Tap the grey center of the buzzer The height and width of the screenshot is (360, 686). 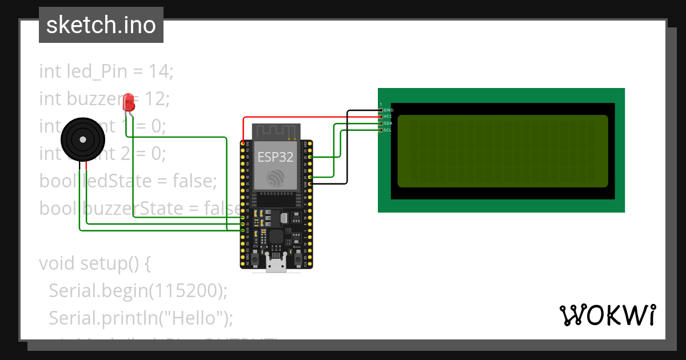click(x=83, y=139)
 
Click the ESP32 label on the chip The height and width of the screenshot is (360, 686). click(x=276, y=157)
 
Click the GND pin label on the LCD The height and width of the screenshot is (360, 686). click(x=388, y=110)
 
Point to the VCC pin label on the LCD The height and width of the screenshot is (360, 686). click(x=388, y=117)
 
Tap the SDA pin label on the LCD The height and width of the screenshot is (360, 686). click(x=388, y=123)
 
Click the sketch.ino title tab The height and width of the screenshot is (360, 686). click(x=101, y=25)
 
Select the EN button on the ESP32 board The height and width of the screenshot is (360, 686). click(x=256, y=251)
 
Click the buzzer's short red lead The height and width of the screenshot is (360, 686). click(x=86, y=166)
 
